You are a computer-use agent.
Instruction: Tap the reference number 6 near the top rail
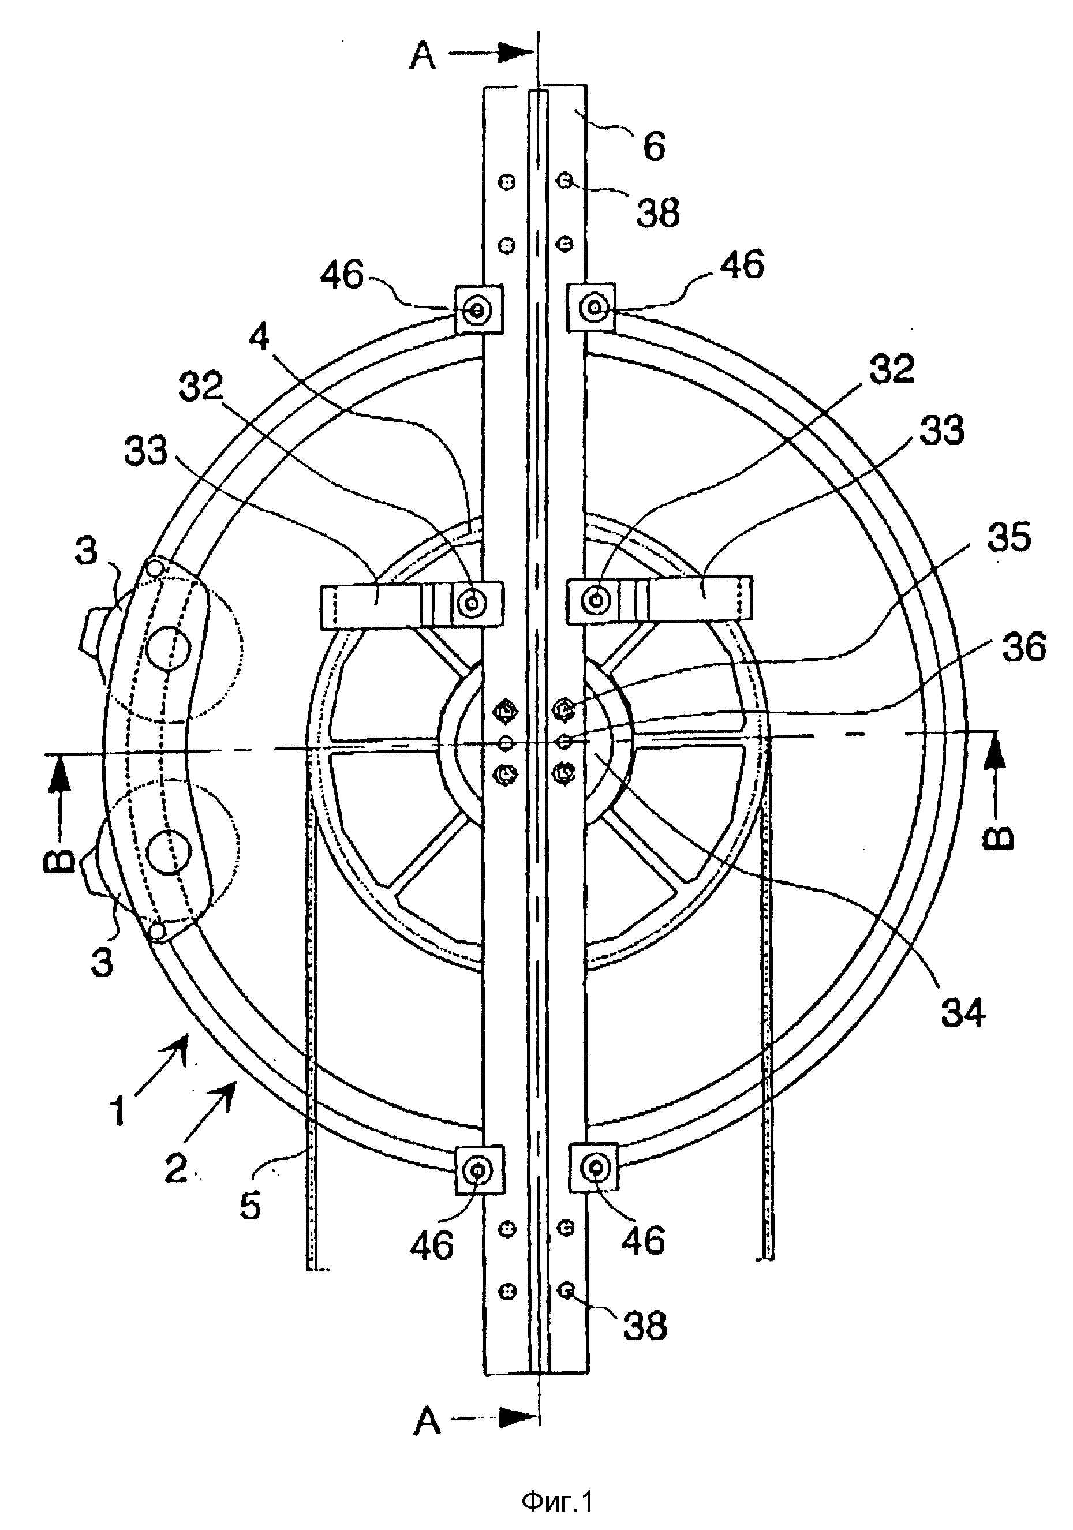point(654,145)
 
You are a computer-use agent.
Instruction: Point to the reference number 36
point(1025,646)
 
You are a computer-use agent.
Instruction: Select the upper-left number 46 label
point(342,274)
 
